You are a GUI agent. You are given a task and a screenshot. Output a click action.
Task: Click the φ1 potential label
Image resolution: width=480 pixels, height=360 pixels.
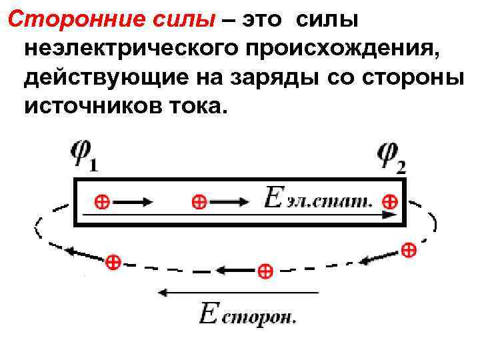coord(84,157)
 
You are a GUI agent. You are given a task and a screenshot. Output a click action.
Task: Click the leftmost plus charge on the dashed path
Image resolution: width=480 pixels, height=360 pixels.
coord(113,262)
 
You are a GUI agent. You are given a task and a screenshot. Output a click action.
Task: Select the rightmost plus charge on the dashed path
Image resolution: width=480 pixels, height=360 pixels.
coord(409,251)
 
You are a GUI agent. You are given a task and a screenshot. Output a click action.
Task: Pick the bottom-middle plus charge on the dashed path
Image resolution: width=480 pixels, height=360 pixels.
coord(265,271)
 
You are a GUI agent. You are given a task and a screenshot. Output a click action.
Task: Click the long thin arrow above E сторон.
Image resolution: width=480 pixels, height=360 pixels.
coord(237,292)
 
